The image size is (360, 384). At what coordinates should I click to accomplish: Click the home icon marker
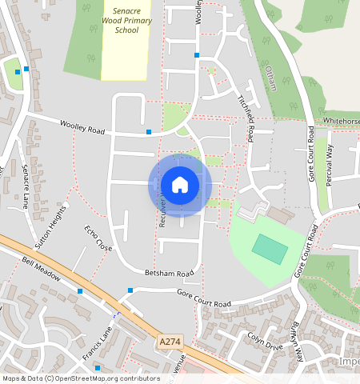[180, 186]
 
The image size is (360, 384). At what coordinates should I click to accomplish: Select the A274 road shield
[169, 342]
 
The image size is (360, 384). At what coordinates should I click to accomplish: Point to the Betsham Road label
[170, 274]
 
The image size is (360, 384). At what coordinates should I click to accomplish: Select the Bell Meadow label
[42, 270]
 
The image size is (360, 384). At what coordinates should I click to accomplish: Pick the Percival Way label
[329, 165]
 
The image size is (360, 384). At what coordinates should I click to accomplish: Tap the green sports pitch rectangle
[270, 249]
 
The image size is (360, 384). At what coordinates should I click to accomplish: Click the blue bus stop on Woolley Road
[148, 131]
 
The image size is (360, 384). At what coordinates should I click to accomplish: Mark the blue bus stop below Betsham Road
[130, 290]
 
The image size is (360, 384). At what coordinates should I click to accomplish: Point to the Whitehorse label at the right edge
[342, 122]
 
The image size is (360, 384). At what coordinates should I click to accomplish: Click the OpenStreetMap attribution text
[70, 378]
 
